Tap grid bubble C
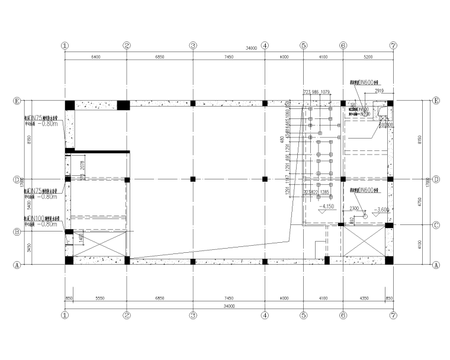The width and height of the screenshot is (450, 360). (436, 225)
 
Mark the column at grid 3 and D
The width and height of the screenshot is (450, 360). (192, 179)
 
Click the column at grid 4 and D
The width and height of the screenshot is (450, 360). (265, 179)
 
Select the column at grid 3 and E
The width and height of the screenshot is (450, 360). (192, 103)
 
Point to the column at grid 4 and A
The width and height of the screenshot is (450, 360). (265, 261)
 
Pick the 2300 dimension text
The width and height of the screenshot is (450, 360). (353, 209)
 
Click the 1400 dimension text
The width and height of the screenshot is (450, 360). (81, 238)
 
